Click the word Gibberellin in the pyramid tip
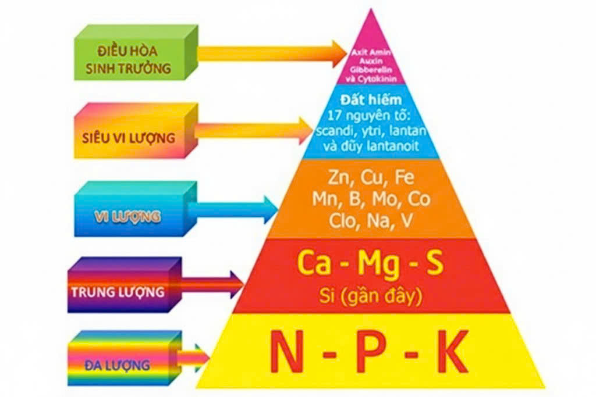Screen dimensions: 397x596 pos(367,69)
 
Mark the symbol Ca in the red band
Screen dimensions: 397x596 pos(315,264)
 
